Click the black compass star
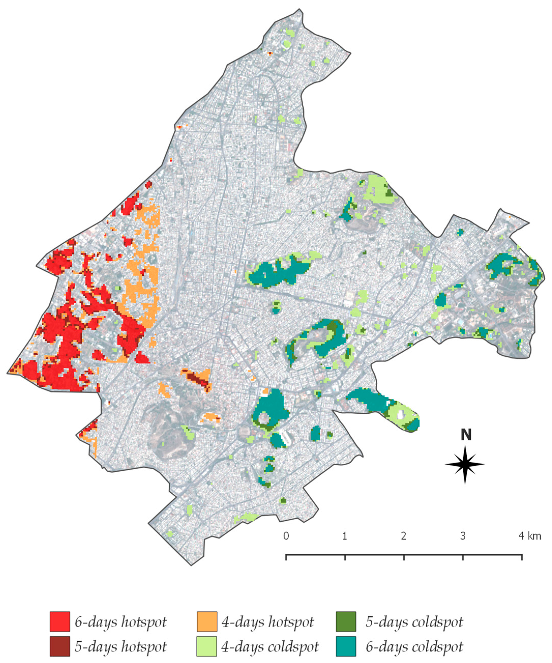pyautogui.click(x=465, y=464)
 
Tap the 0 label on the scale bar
pyautogui.click(x=286, y=536)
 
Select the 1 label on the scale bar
pyautogui.click(x=345, y=536)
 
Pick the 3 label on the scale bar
pyautogui.click(x=463, y=536)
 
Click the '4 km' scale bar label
pyautogui.click(x=530, y=536)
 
